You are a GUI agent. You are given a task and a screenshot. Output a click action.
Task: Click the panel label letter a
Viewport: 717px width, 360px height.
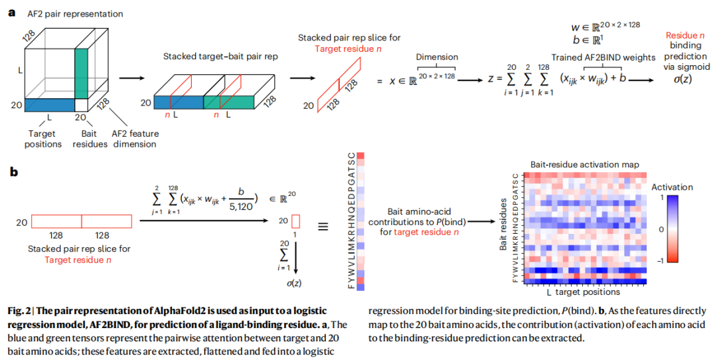11,13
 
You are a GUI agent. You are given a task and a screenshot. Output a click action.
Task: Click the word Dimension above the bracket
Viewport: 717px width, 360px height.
437,57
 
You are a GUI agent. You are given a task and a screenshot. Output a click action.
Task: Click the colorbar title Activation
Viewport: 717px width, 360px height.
672,187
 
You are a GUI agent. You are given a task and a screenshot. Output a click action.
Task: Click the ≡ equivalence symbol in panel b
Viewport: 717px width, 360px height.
323,226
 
